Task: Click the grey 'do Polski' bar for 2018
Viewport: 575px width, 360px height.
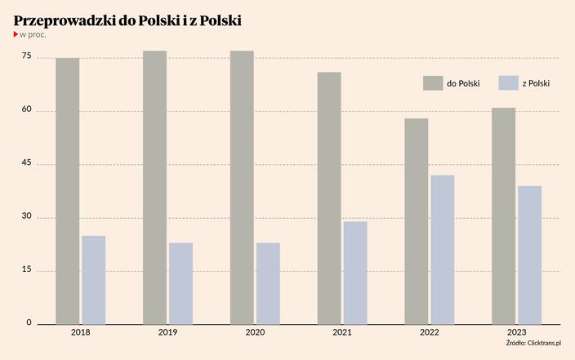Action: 68,191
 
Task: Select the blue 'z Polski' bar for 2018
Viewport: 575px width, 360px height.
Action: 94,280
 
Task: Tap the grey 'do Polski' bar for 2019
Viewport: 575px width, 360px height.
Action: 154,188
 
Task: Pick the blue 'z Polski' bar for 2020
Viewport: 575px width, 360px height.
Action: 268,283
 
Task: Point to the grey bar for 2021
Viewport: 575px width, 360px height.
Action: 329,198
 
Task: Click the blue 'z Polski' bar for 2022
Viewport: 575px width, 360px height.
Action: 443,250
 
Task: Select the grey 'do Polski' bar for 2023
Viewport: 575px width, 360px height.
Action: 504,216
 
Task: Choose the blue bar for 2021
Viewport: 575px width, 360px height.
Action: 355,273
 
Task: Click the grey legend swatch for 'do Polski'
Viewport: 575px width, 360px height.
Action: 432,83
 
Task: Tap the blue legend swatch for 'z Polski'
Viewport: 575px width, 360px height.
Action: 508,83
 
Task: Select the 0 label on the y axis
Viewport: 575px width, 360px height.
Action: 29,323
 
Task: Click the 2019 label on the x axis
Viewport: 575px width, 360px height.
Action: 167,333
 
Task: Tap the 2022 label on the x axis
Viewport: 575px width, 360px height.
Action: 429,333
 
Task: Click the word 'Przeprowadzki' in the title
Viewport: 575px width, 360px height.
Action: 65,19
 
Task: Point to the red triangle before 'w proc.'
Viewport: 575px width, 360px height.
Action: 16,35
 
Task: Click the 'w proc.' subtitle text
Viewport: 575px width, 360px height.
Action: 33,35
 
